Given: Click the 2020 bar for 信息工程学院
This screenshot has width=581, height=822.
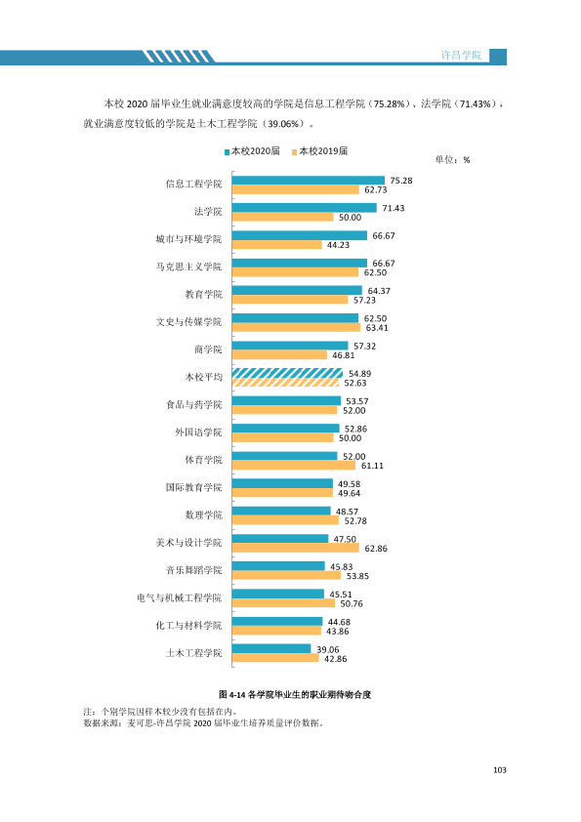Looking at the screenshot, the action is [x=309, y=181].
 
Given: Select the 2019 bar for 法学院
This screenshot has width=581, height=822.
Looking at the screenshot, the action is [x=283, y=217].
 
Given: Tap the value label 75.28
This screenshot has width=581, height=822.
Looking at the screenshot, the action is [x=401, y=181].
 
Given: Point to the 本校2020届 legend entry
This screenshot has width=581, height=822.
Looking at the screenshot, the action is [x=252, y=151].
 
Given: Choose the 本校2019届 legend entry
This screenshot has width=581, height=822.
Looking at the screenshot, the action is [x=320, y=151].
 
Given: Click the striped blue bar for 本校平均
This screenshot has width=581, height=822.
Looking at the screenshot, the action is [x=287, y=373].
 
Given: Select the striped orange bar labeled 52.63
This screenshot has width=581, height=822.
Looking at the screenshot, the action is [x=286, y=383].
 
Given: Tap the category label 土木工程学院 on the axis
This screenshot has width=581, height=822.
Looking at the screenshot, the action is [x=194, y=653].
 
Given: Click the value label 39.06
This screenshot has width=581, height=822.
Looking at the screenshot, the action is [x=328, y=649].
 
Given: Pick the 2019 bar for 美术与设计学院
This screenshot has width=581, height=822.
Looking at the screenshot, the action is [x=296, y=549].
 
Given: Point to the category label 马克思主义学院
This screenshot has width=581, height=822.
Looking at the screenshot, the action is [x=188, y=267].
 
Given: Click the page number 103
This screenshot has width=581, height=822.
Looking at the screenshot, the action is [x=500, y=770].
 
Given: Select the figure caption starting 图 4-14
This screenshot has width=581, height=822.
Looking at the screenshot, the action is [x=295, y=695].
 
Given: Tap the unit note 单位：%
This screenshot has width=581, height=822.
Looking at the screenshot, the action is [x=452, y=160].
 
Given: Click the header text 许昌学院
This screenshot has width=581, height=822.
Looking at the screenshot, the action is [x=461, y=55].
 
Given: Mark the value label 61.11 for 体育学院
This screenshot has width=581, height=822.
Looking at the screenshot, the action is [x=372, y=466].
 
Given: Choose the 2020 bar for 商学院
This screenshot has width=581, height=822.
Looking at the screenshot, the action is [x=290, y=346].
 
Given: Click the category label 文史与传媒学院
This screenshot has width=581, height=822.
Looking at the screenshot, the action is [x=188, y=322].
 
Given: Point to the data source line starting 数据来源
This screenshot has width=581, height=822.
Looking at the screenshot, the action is [x=203, y=723].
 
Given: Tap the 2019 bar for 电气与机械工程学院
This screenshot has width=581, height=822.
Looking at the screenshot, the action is [x=284, y=603].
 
